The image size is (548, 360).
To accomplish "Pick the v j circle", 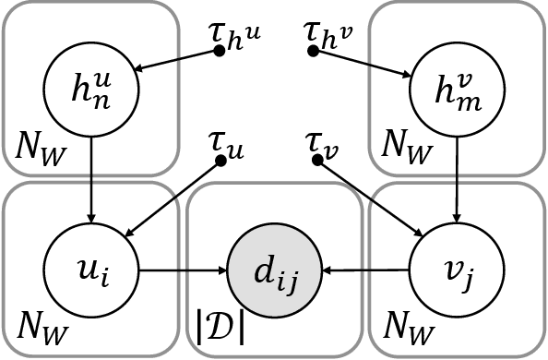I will [456, 270].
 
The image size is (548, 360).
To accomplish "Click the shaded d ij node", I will [273, 270].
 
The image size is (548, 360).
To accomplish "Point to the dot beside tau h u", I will [220, 50].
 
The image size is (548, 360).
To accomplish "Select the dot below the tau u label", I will [220, 160].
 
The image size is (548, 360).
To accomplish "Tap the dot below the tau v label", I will [318, 160].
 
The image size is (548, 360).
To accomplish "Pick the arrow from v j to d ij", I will [365, 270].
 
